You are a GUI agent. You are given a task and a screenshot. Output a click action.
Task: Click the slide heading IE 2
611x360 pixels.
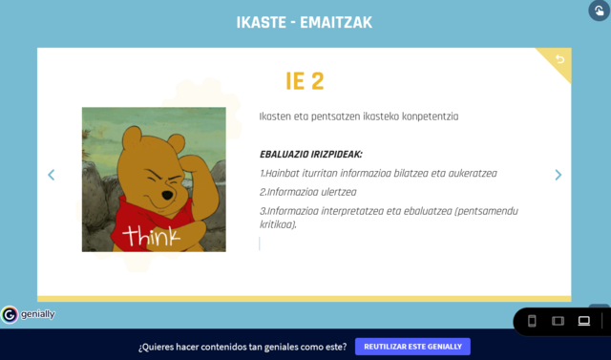305,81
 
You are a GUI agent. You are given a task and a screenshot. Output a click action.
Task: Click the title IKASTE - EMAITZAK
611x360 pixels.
305,22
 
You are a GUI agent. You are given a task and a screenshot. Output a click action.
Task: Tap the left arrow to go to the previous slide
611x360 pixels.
52,175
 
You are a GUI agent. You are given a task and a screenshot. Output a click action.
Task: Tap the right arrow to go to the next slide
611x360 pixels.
558,175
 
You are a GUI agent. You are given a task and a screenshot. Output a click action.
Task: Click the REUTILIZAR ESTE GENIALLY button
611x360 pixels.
412,347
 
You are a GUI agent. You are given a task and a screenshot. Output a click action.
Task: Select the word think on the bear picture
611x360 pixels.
151,233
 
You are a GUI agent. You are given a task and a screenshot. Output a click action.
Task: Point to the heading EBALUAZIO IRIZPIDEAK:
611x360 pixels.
311,155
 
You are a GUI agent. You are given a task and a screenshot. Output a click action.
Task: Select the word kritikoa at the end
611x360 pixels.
277,224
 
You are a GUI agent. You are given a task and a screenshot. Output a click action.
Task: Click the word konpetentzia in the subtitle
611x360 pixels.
426,116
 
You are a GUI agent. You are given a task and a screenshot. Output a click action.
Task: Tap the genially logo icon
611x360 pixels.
10,314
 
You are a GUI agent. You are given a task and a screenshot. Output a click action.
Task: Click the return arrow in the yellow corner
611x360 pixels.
560,59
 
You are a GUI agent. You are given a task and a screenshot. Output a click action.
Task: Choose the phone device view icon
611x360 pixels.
533,321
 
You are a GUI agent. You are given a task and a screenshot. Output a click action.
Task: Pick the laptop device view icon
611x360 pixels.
584,321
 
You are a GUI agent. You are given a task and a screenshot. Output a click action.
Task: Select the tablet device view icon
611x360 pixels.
558,321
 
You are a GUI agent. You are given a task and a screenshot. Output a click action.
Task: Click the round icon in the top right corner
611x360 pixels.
597,11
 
